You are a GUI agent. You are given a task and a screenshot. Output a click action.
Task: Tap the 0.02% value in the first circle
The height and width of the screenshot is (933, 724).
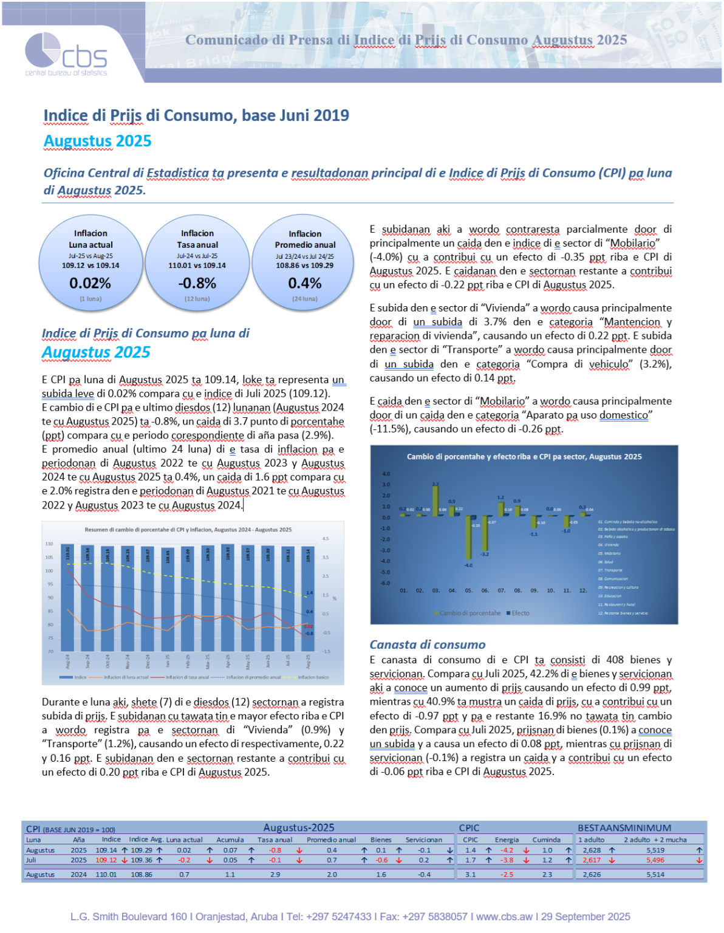click(90, 283)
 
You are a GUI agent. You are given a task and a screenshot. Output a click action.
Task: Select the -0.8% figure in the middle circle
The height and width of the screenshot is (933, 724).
click(197, 283)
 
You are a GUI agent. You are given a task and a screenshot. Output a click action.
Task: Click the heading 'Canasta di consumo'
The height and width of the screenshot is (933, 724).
click(428, 644)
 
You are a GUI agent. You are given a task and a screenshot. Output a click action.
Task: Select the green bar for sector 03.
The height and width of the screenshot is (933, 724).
click(435, 499)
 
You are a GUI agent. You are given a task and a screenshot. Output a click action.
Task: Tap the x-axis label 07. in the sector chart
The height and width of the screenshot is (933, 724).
click(502, 590)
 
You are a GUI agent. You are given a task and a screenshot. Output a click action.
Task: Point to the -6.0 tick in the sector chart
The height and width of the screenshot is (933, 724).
click(386, 583)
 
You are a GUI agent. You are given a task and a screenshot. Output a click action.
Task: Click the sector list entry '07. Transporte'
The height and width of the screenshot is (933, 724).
click(610, 570)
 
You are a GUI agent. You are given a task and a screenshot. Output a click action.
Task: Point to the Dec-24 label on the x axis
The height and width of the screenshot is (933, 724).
click(148, 661)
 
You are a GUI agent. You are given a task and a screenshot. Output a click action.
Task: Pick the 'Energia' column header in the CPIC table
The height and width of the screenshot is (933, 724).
click(507, 839)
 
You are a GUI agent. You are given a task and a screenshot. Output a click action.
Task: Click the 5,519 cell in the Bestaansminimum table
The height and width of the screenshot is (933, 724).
click(655, 850)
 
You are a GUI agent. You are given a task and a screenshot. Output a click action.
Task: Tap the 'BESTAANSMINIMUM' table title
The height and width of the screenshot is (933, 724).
click(624, 828)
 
